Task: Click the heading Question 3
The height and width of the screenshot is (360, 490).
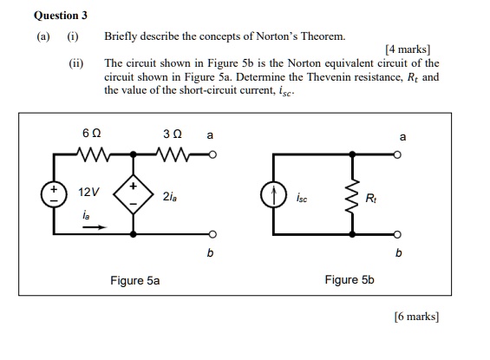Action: (x=60, y=16)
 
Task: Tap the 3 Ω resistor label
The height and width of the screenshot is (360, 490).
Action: (x=171, y=135)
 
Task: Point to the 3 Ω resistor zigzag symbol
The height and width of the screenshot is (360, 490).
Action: (x=172, y=156)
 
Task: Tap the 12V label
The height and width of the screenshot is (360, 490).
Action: (x=88, y=191)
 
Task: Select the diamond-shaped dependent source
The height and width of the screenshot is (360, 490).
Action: (x=134, y=195)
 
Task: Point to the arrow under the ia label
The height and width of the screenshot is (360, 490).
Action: (x=93, y=228)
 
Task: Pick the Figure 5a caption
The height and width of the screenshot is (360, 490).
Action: (x=134, y=280)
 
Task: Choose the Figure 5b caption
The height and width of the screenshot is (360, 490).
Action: (x=350, y=279)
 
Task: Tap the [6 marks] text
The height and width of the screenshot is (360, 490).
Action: (x=415, y=317)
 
